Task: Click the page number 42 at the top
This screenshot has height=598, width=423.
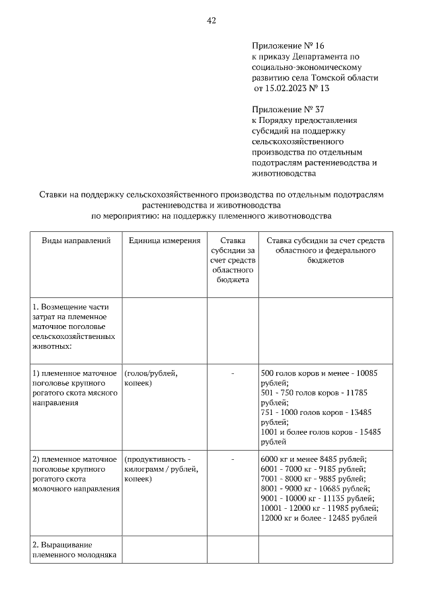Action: [211, 20]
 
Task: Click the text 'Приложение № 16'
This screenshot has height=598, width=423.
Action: [288, 46]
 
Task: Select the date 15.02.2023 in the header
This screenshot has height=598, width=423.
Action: [285, 87]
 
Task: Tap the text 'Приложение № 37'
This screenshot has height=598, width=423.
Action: [288, 109]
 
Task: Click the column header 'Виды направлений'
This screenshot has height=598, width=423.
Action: [75, 241]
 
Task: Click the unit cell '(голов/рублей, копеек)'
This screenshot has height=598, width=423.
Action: [150, 378]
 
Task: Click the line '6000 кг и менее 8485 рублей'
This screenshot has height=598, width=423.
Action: [314, 460]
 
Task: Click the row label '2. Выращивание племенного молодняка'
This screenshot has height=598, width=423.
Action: [74, 550]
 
